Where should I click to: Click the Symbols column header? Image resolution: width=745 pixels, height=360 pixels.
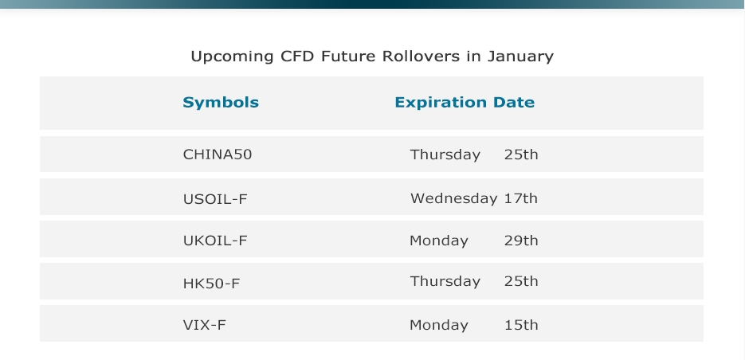221,103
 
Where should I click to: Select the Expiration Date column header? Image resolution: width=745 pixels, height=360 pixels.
465,103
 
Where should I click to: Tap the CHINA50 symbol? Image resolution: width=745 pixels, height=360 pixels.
218,155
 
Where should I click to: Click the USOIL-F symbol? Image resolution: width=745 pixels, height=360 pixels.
215,198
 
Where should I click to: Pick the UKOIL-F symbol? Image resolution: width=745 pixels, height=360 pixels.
215,241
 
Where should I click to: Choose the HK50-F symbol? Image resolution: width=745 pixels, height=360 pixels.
211,284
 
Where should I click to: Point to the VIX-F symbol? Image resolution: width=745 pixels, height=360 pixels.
204,325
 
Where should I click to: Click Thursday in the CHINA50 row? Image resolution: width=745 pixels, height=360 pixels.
445,155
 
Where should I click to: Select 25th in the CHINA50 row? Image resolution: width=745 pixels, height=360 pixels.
521,155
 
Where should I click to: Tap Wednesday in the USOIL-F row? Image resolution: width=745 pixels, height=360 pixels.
453,198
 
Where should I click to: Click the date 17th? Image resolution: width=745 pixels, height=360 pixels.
521,198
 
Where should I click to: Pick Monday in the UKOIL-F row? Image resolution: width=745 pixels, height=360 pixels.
439,241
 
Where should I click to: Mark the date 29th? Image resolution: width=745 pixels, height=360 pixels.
521,241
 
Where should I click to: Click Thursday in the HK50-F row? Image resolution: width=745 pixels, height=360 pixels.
445,282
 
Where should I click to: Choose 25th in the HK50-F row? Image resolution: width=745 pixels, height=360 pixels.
521,281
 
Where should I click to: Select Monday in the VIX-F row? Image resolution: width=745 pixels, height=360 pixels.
439,325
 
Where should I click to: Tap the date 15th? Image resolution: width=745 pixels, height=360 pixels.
521,325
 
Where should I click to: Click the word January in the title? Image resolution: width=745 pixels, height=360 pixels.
521,57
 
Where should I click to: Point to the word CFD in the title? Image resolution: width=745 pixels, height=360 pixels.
297,56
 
